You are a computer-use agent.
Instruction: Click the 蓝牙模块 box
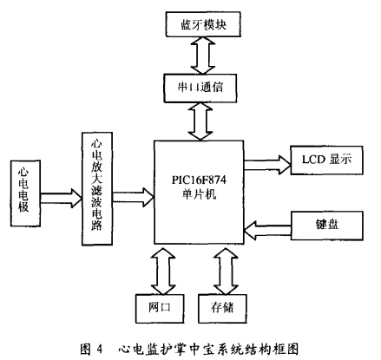[203, 24]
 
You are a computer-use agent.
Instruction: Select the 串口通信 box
[200, 88]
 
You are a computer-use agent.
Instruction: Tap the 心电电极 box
[25, 193]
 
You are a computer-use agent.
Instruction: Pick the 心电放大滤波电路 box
[97, 189]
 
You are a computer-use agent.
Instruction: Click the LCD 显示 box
[326, 160]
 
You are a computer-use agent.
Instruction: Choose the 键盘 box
[326, 226]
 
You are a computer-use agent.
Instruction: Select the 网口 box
[160, 309]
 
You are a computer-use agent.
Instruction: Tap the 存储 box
[222, 309]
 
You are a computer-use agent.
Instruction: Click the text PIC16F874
[199, 180]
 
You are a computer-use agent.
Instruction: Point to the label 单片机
[199, 194]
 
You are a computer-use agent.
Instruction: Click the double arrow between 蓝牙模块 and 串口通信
[203, 56]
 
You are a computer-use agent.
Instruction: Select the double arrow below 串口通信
[200, 121]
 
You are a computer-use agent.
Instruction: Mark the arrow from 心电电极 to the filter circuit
[61, 198]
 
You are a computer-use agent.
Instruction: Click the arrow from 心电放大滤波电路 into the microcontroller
[133, 197]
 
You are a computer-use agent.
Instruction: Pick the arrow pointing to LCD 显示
[267, 165]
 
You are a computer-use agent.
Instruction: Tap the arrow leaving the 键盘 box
[267, 230]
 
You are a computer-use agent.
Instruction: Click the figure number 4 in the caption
[99, 350]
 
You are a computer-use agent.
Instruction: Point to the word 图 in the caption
[86, 350]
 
